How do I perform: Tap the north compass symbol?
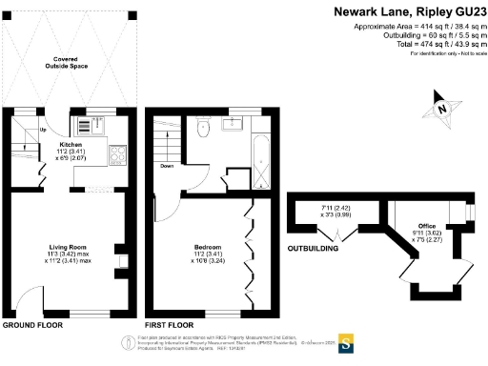tap(443, 108)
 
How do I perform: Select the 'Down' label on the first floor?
tap(167, 165)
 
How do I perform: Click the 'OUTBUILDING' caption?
tap(314, 251)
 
